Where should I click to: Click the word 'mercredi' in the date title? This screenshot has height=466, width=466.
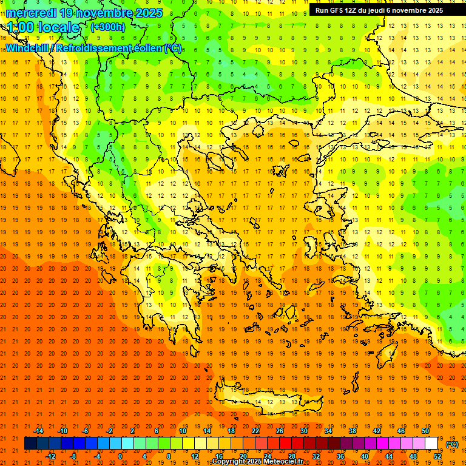click(x=30, y=12)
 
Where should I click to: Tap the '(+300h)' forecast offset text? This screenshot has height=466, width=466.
click(x=107, y=27)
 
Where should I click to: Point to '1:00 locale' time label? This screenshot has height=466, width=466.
click(x=43, y=27)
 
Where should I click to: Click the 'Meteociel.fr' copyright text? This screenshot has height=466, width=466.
click(x=282, y=461)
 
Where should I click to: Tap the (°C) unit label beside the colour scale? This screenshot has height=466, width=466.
click(x=452, y=444)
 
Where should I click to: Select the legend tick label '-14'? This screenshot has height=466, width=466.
click(x=38, y=431)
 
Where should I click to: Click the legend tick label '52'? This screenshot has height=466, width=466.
click(x=437, y=456)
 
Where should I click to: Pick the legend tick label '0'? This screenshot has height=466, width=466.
click(x=120, y=456)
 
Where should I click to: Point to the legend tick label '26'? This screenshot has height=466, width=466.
click(x=280, y=431)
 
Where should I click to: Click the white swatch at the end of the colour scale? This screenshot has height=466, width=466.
click(x=431, y=444)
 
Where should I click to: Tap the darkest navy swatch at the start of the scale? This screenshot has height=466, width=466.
click(x=30, y=444)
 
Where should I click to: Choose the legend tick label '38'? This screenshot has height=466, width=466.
click(x=352, y=431)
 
